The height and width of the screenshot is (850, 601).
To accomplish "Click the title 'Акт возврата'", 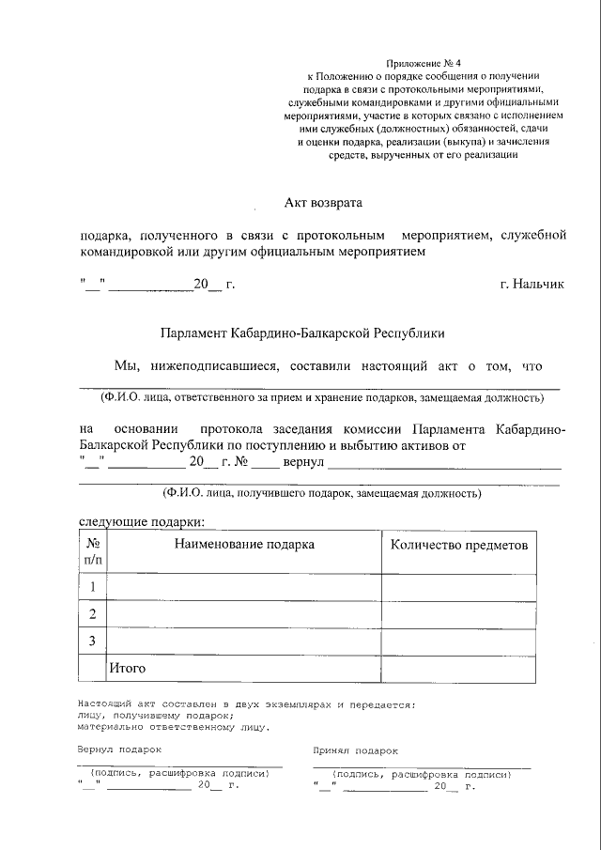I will coord(322,202).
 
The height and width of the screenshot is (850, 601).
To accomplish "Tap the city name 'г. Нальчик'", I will coord(532,284).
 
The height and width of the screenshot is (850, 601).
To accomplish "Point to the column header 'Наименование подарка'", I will coord(244,544).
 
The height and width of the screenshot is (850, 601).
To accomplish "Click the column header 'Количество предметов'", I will coord(458,545).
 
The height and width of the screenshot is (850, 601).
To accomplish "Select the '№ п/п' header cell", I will coord(93,551).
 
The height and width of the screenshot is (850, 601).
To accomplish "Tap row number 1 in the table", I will coord(93,587).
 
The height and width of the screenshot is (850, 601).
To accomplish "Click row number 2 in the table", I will coord(93,614).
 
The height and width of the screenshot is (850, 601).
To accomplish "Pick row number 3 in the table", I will coord(93,641).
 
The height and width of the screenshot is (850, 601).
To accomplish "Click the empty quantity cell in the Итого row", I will coord(458,669).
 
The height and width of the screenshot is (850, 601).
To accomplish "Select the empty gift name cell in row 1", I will coord(244,587).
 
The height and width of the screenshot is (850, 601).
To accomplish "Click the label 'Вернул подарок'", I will coord(119,750).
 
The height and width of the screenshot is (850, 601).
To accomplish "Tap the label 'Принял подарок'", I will coord(355,750).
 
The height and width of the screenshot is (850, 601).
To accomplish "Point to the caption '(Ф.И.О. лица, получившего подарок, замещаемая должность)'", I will coord(321,492).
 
